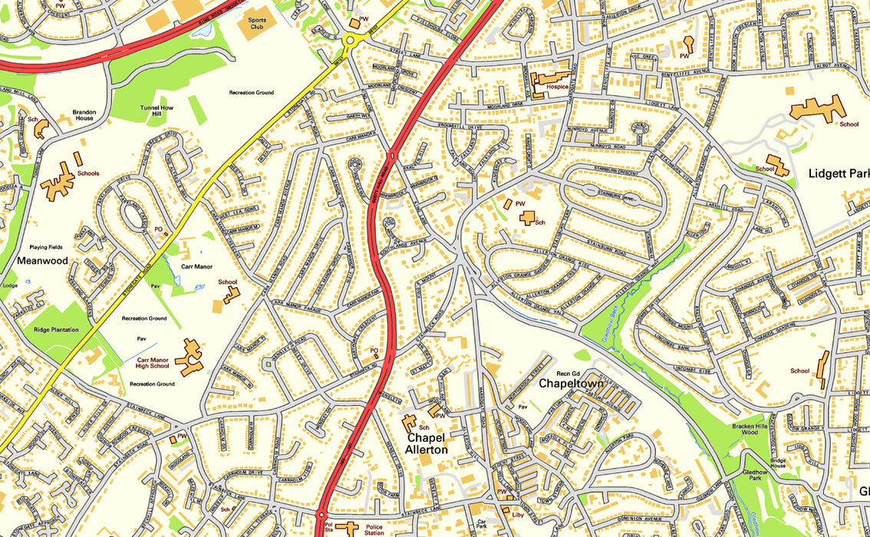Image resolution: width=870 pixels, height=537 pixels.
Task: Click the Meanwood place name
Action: click(42, 261)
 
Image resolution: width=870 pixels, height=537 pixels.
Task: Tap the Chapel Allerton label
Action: click(427, 443)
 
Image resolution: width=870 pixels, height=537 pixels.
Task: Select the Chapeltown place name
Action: click(572, 383)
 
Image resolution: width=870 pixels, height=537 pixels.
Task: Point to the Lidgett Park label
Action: click(838, 174)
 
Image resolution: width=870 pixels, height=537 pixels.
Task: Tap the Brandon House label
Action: click(84, 115)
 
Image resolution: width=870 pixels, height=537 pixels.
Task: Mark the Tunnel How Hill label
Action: click(157, 112)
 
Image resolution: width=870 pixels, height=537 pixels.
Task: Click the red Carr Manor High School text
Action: click(153, 363)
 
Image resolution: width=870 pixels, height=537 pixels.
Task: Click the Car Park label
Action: click(481, 525)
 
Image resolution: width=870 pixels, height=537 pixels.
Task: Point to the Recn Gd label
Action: click(567, 373)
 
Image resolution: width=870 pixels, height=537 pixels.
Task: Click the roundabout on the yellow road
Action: click(354, 40)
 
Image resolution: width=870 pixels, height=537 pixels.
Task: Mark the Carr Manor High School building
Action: click(189, 357)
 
